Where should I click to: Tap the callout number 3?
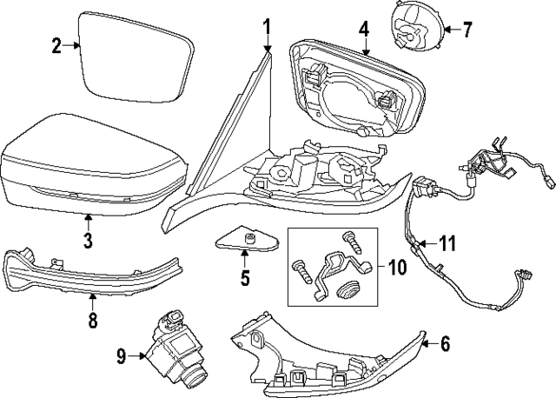[87, 238]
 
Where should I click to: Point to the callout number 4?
[364, 29]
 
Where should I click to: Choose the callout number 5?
[245, 278]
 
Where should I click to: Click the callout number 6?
[445, 344]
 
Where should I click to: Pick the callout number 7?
[467, 30]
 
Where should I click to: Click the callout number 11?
[446, 243]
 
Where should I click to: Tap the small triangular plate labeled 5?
[242, 240]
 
